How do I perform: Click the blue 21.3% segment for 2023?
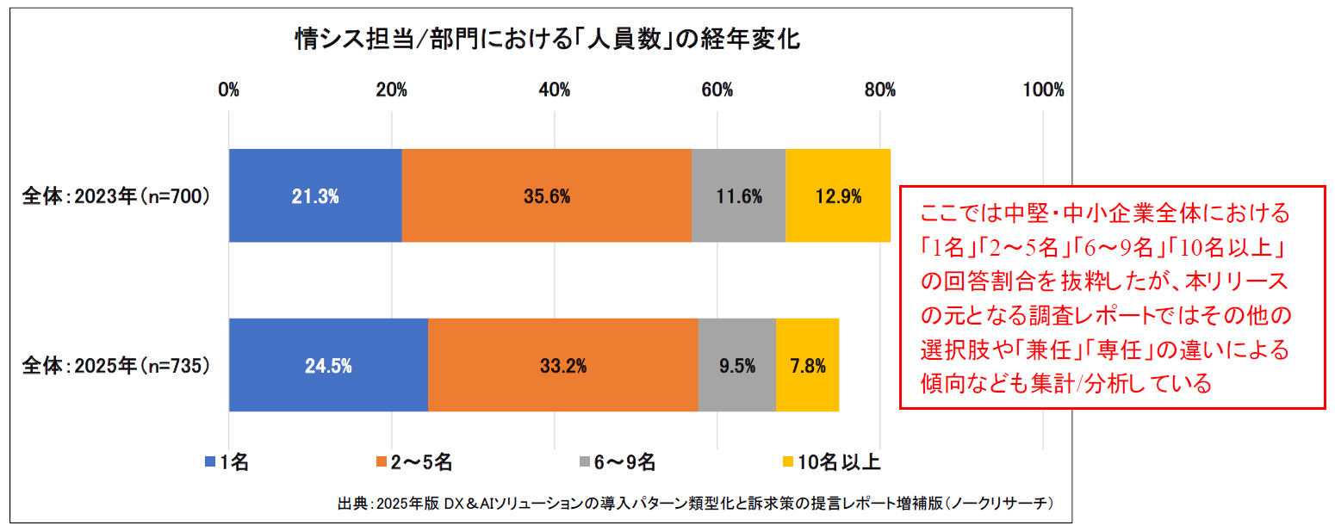coord(315,195)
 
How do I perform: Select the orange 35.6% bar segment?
coord(546,195)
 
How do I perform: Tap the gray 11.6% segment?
coord(738,195)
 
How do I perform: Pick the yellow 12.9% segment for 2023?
coord(837,195)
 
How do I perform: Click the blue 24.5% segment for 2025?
coord(328,365)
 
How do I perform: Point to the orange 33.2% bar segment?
coord(562,365)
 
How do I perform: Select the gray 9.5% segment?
coord(736,365)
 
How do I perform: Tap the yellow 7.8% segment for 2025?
coord(807,365)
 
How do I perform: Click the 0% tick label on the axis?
coord(228,90)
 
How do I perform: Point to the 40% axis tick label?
coord(554,90)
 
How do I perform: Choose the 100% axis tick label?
coord(1042,90)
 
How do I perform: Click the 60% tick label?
coord(717,90)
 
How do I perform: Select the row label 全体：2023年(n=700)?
coord(115,196)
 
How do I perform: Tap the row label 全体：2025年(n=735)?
coord(115,366)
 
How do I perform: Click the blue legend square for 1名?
coord(210,462)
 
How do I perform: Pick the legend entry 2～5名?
coord(413,462)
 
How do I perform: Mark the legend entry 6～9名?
coord(616,462)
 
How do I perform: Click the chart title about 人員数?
coord(547,40)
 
